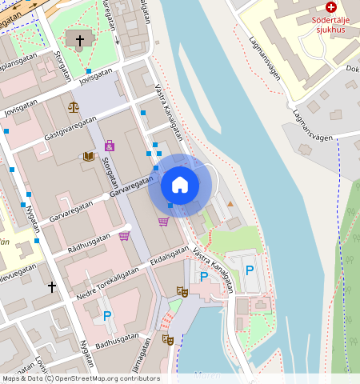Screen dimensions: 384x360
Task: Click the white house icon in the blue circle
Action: [180, 185]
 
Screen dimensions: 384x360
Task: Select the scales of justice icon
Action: [74, 106]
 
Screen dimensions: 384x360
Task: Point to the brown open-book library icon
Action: [88, 157]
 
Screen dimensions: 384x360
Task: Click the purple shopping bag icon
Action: [110, 146]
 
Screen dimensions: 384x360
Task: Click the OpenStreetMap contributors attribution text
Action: [80, 378]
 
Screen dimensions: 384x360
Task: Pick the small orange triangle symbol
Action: [231, 205]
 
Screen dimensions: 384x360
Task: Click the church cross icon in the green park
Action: [79, 39]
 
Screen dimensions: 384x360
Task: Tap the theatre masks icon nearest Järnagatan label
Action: [168, 339]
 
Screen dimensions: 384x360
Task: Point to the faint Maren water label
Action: [206, 374]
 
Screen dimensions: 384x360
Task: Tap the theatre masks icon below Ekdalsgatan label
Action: [182, 293]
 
